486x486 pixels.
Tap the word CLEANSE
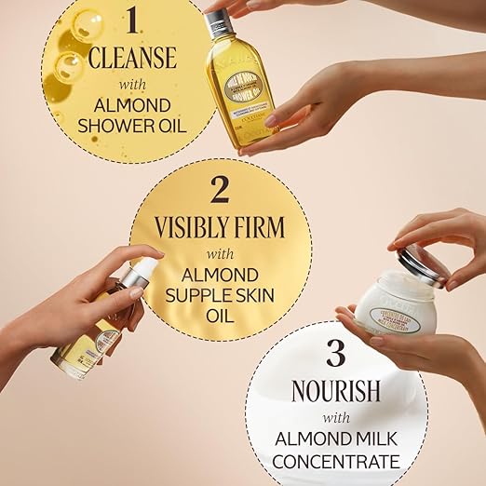coord(132,59)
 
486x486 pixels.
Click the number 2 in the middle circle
coord(220,190)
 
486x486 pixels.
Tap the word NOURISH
coord(336,389)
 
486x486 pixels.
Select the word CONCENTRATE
coord(336,460)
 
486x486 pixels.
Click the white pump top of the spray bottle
coord(140,274)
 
